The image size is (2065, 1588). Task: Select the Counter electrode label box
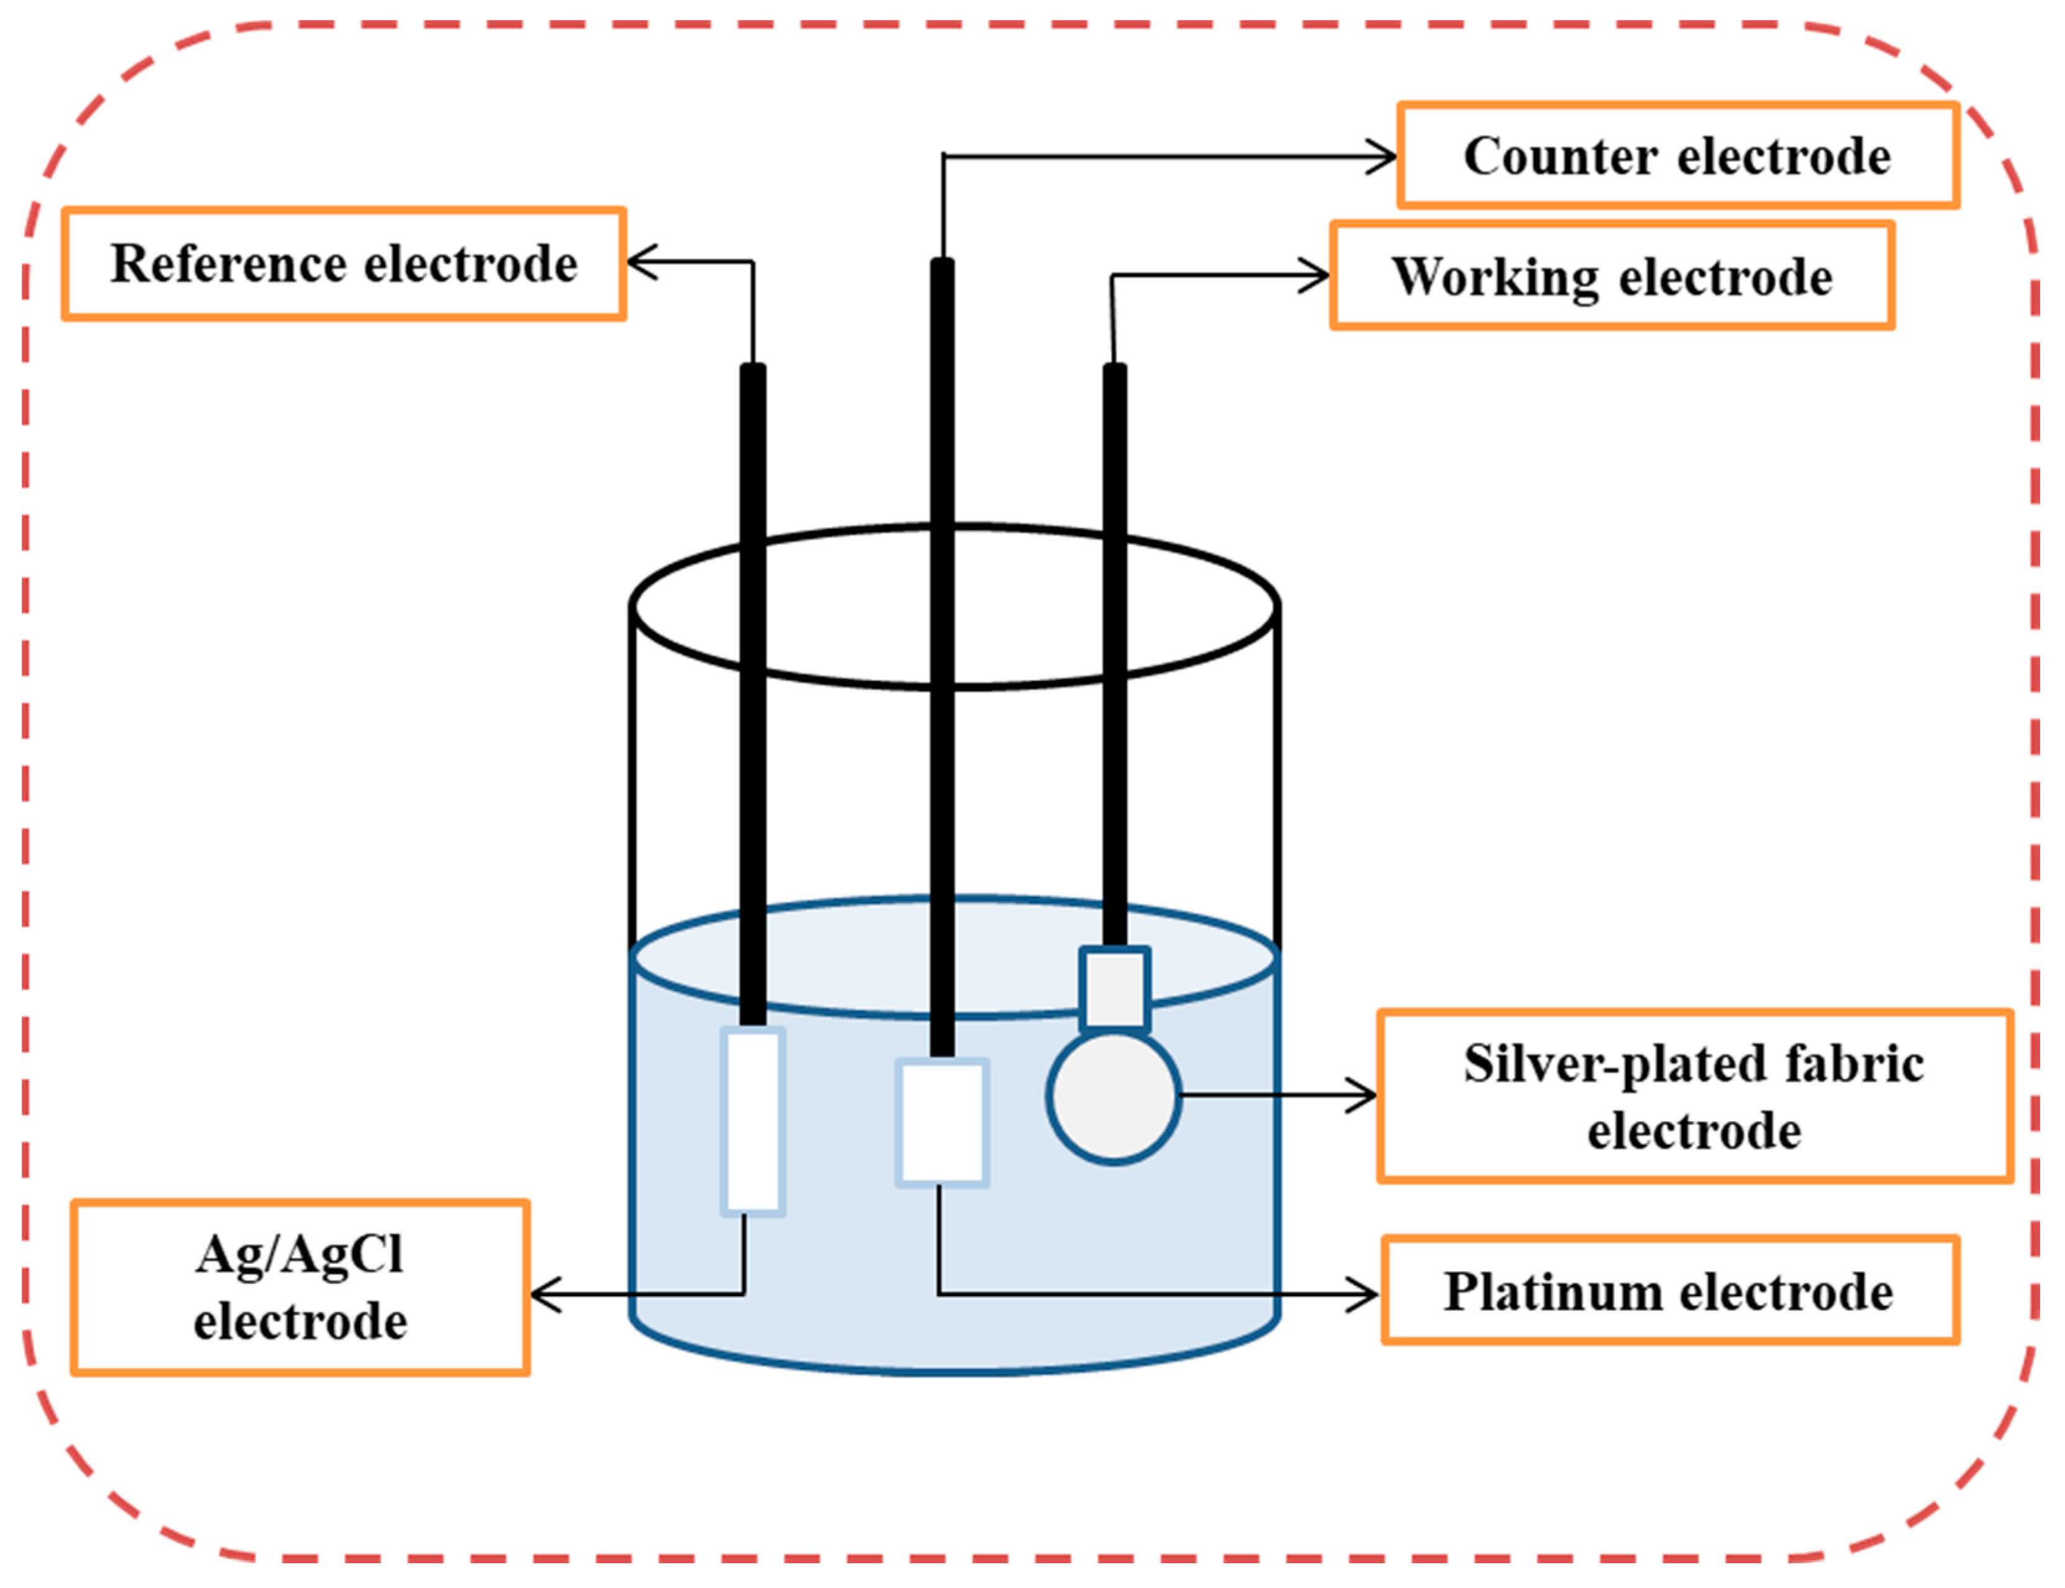tap(1677, 156)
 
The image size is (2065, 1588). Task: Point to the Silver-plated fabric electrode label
tap(1694, 1096)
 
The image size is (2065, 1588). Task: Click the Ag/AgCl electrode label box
tap(300, 1287)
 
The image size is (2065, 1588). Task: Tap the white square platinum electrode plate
tap(942, 1122)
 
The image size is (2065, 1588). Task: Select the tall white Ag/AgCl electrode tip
tap(753, 1121)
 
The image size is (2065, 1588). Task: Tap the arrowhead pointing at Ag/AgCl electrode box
tap(544, 1294)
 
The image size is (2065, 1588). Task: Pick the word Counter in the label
tap(1560, 156)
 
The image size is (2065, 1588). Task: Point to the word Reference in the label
tap(228, 263)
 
